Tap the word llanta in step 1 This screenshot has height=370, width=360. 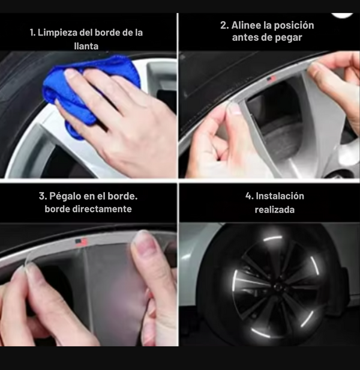pos(86,46)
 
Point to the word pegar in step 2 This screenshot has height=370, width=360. pos(290,38)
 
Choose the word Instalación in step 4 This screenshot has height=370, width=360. pos(280,196)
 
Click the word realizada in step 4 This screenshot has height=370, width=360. pos(275,210)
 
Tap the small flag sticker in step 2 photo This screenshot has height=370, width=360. pos(271,79)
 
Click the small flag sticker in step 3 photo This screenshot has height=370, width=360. pos(81,242)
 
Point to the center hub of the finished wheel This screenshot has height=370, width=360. pos(277,287)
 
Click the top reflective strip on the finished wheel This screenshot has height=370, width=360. pos(272,238)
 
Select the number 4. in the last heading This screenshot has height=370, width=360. pos(250,196)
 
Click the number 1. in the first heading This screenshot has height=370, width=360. pos(32,32)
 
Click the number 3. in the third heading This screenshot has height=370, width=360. pos(43,196)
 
